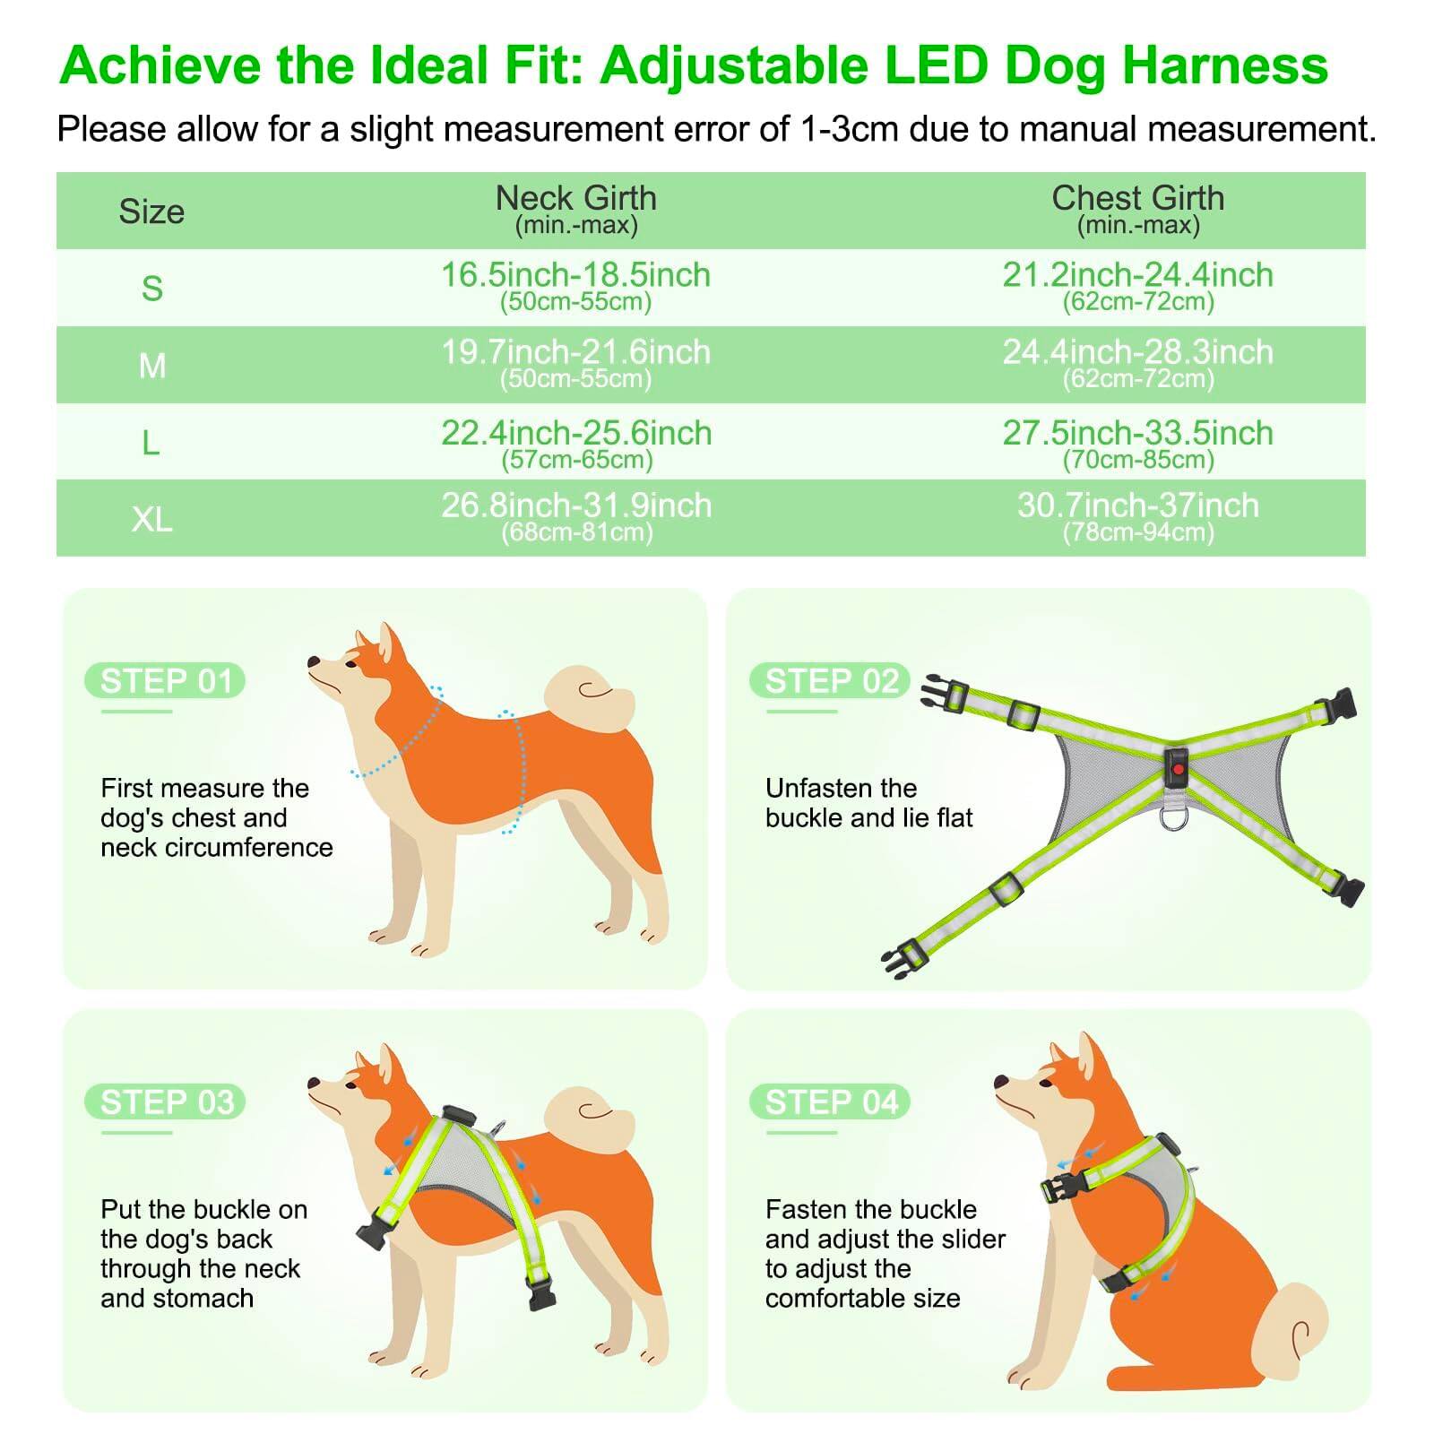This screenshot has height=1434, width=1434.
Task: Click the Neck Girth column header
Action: point(575,208)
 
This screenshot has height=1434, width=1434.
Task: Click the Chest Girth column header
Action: point(1137,208)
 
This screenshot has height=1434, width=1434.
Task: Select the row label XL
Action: point(151,519)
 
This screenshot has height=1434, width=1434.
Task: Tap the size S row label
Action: point(151,289)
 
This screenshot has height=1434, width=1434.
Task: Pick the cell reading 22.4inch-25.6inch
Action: point(575,443)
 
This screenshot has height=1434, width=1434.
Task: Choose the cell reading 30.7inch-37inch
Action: point(1137,516)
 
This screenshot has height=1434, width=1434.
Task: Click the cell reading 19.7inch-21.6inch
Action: point(575,362)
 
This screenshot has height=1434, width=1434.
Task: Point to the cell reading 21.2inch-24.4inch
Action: point(1137,285)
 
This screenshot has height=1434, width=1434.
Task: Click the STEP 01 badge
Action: point(166,681)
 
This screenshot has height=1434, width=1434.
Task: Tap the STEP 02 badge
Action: point(831,681)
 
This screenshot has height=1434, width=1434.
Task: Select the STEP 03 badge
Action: point(166,1102)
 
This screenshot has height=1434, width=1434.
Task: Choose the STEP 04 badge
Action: point(831,1102)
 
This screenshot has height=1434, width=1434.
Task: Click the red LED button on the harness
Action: point(1177,766)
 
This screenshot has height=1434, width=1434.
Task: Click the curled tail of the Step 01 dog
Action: point(587,695)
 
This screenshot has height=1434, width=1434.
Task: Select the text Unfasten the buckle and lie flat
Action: point(868,802)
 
